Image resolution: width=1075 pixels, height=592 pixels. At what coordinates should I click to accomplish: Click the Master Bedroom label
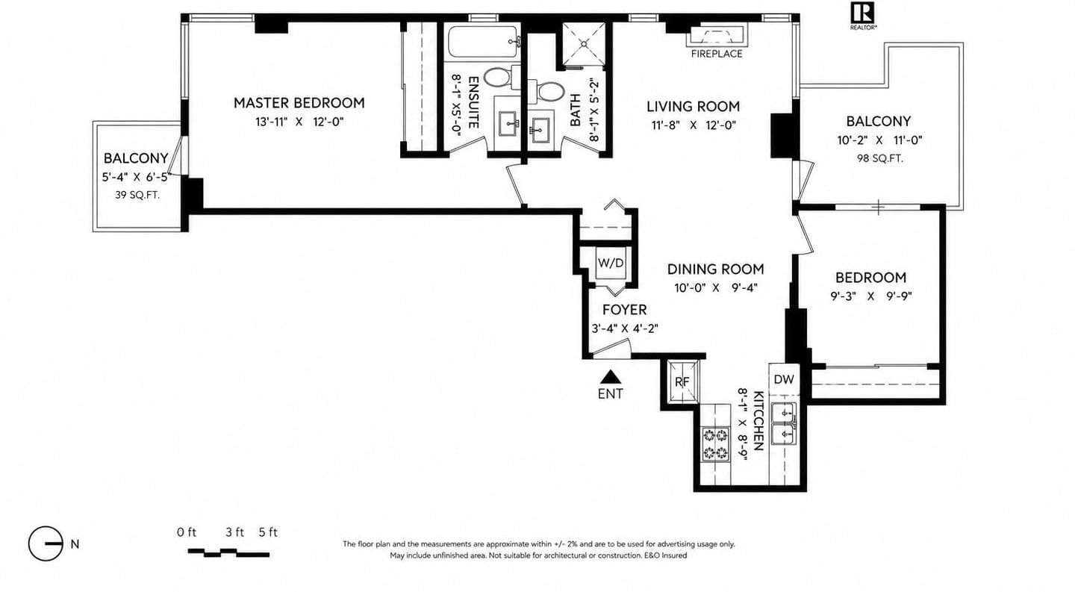tap(299, 103)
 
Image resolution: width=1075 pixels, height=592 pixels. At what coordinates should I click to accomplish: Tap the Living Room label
tap(693, 107)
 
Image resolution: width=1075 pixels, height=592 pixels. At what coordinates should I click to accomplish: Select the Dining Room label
tap(715, 269)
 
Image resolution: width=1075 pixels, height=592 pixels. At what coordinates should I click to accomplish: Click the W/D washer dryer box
tap(611, 263)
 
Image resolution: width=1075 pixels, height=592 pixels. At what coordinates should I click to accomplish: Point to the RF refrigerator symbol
tap(682, 382)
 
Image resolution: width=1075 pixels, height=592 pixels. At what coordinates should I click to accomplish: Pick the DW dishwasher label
tap(784, 379)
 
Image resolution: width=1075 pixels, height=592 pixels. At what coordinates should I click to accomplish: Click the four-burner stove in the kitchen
tap(715, 444)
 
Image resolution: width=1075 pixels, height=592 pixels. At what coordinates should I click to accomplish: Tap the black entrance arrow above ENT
tap(611, 376)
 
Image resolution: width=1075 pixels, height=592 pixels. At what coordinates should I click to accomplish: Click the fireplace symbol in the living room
tap(717, 37)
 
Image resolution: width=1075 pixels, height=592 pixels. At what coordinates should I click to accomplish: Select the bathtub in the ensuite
tap(484, 42)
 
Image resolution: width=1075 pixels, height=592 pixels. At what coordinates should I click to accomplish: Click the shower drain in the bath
tap(584, 43)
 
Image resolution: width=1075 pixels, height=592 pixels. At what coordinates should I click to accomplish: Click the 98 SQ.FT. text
tap(879, 158)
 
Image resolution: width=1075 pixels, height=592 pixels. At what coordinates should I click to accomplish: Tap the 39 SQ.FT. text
tap(137, 196)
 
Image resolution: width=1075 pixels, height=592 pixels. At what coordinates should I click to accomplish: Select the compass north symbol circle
tap(46, 543)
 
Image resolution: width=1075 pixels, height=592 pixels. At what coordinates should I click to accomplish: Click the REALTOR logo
tap(863, 16)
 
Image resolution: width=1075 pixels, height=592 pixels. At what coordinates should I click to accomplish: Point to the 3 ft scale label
tap(234, 532)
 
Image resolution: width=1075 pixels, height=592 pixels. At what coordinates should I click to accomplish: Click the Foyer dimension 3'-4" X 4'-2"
tap(624, 328)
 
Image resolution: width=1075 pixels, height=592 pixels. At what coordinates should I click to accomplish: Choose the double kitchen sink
tap(783, 425)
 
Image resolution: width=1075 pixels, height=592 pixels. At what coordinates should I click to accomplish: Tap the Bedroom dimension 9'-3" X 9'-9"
tap(871, 296)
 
